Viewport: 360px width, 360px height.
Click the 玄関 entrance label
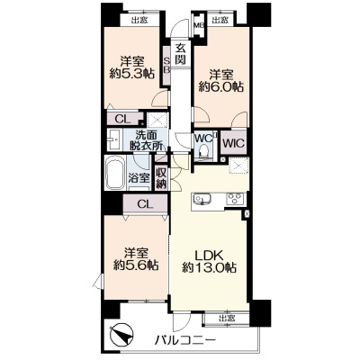pos(180,54)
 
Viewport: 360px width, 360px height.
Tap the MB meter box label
pos(198,26)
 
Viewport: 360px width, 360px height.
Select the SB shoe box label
pos(166,65)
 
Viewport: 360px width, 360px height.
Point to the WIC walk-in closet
pos(234,143)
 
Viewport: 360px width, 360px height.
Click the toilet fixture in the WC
pos(203,150)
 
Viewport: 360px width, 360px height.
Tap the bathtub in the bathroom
pos(115,174)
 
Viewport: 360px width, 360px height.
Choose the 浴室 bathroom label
pos(139,178)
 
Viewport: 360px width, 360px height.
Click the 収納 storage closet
pos(161,178)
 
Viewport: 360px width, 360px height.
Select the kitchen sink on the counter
pos(202,199)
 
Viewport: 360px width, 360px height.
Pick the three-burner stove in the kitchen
pos(236,199)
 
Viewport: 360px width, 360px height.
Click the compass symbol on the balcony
pos(122,336)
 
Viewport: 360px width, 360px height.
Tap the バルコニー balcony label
pos(185,341)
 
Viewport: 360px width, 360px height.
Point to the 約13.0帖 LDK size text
pos(210,267)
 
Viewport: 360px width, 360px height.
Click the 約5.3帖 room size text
pos(132,73)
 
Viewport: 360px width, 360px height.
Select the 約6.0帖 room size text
pos(221,87)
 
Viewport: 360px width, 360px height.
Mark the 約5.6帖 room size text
pos(136,265)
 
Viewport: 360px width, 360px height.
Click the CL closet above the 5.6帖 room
pos(145,203)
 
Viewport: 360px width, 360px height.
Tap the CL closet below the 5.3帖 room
pos(124,119)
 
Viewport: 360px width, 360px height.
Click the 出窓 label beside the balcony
pos(227,319)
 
